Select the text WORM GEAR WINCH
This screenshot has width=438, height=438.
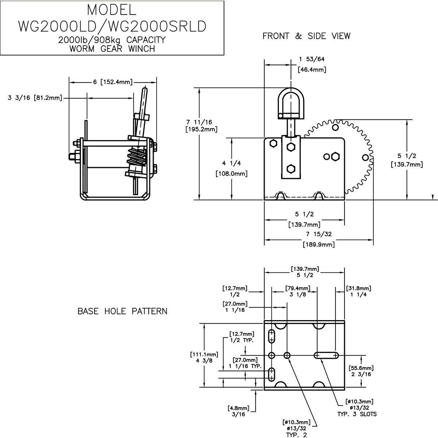coord(112,48)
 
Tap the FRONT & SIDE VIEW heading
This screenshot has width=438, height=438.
coord(306,36)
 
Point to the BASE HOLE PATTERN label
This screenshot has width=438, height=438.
coord(122,311)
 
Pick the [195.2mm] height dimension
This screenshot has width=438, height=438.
coord(201,129)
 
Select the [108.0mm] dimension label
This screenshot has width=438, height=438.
coord(231,173)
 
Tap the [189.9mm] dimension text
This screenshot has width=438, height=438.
coord(318,244)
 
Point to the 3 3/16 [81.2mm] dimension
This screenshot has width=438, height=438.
coord(35,97)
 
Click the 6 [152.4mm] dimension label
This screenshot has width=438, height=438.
coord(112,82)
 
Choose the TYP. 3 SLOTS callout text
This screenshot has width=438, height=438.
coord(357,414)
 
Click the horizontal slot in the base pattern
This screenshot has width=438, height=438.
coord(326,355)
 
